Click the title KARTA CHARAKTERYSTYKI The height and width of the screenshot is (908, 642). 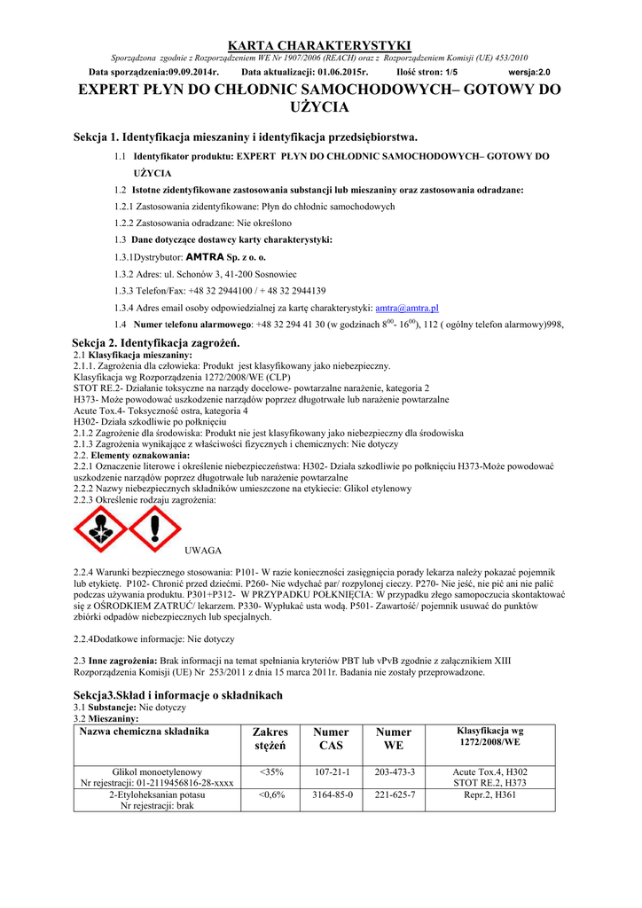click(x=320, y=44)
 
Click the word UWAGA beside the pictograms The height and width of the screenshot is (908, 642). click(x=203, y=551)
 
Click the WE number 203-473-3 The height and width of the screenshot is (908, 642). click(x=395, y=772)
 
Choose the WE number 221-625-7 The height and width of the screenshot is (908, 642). click(x=395, y=794)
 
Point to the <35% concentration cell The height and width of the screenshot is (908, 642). click(x=271, y=772)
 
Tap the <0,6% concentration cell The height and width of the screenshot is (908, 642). click(x=271, y=794)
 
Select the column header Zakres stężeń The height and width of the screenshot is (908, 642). click(x=271, y=739)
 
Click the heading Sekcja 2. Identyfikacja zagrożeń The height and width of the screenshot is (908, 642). click(x=156, y=342)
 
